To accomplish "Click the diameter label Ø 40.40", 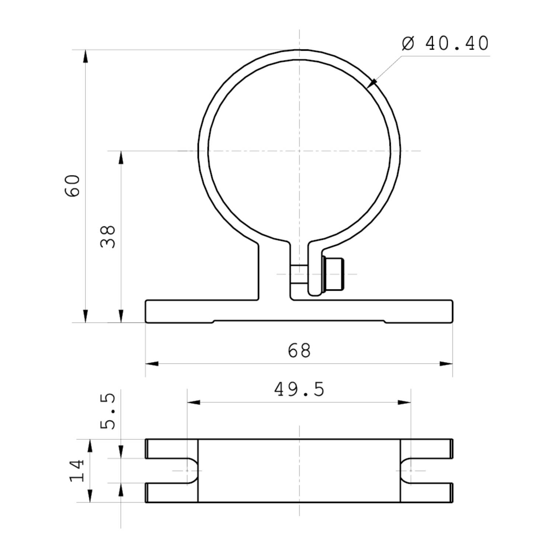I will (x=445, y=44).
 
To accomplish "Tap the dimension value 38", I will (x=108, y=236).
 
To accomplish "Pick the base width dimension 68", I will (x=299, y=350).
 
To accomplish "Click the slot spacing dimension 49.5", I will (x=299, y=389).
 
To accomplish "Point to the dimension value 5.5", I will (x=108, y=411).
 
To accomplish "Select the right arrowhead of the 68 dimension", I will (x=446, y=364).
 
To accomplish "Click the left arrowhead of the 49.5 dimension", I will (x=193, y=402).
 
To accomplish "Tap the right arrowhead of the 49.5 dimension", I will (x=405, y=402).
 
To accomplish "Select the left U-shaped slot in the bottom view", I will (x=173, y=470).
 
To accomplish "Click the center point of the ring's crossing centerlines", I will (x=299, y=151).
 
